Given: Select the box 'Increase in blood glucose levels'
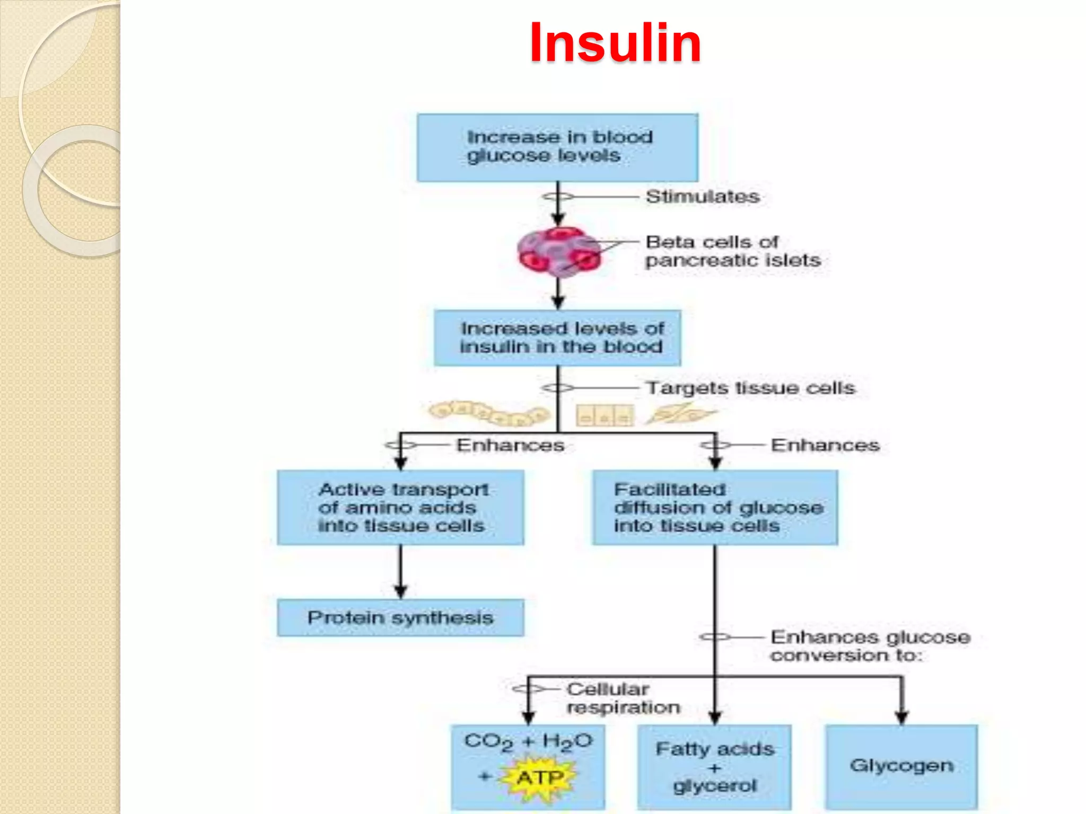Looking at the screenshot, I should pos(557,147).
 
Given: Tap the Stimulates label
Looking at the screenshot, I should pos(702,197).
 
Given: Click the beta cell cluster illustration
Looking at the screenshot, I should pos(559,252).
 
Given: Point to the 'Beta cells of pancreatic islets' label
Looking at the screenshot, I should pos(732,251).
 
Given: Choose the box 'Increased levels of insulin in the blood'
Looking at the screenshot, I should pos(557,338).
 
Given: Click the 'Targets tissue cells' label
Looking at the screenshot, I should pos(750,388).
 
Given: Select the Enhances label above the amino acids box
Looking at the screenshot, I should pos(510,445).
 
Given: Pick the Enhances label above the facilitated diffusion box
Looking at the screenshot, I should pos(825,445).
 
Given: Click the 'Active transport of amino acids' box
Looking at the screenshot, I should pos(400,507).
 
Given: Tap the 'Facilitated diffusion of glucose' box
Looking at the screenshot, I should pos(715,507).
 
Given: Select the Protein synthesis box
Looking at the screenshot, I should pos(400,617).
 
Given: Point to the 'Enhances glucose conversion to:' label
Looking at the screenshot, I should pos(870,645).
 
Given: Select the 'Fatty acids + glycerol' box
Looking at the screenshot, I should pos(714,767).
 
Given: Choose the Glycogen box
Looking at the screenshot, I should pos(901,766).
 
